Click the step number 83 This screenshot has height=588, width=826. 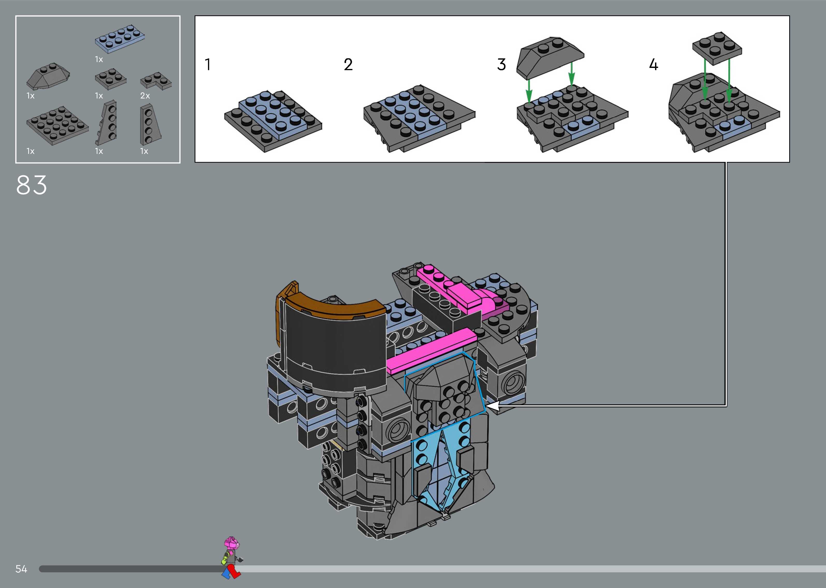pyautogui.click(x=31, y=185)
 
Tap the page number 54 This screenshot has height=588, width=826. pyautogui.click(x=21, y=569)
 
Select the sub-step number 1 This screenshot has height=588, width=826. pyautogui.click(x=207, y=65)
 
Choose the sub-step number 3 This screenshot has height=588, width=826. pyautogui.click(x=501, y=65)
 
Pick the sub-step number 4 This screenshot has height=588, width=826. pyautogui.click(x=653, y=65)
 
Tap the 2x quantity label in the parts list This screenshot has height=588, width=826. pyautogui.click(x=145, y=96)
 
